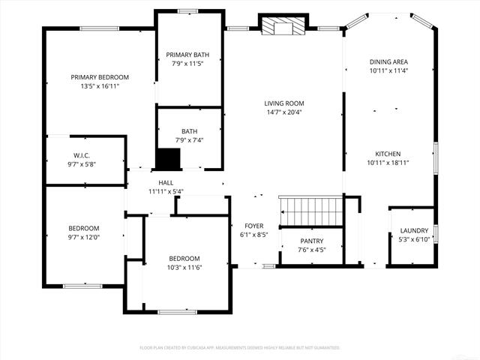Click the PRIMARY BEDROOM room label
[x=100, y=76]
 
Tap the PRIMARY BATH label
[x=188, y=54]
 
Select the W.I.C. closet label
[x=82, y=156]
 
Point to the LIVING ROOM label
[x=284, y=103]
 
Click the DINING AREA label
[x=388, y=61]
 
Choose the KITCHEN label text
[x=388, y=153]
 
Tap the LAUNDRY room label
[x=414, y=230]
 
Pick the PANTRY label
[x=311, y=241]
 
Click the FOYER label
[x=253, y=225]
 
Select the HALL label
[x=166, y=182]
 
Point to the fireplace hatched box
[x=283, y=27]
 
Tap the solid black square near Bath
[x=169, y=158]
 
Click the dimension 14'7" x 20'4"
[x=284, y=112]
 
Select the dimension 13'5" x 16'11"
[x=100, y=86]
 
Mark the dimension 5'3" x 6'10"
[x=414, y=239]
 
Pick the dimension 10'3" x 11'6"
[x=184, y=267]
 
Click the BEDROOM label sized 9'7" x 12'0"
[x=84, y=228]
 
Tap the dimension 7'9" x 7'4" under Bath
[x=189, y=139]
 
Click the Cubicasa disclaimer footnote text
[x=240, y=348]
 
